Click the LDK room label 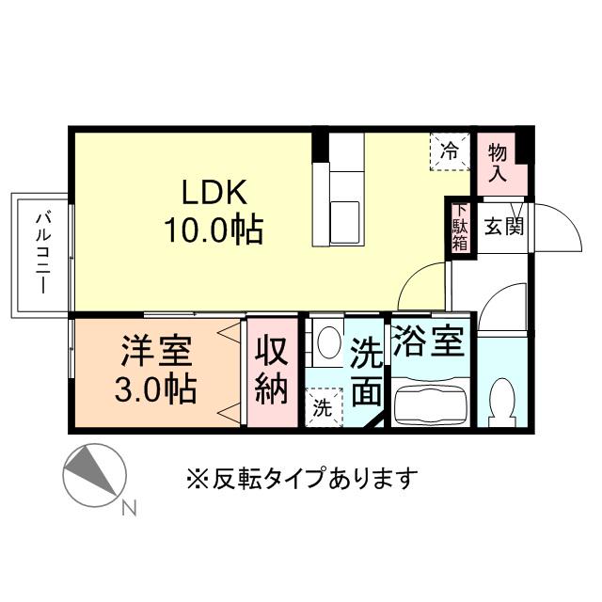point(214,193)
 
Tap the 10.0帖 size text point(214,229)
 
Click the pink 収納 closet point(272,373)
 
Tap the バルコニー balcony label point(42,255)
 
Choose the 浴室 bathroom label point(428,341)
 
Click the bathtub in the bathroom point(429,404)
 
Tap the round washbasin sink point(329,342)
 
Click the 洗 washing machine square point(323,409)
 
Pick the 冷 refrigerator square point(451,150)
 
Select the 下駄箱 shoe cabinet point(461,228)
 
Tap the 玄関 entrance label point(504,227)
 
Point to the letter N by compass point(129,509)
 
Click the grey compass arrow point(97,470)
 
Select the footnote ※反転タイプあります point(301,479)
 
